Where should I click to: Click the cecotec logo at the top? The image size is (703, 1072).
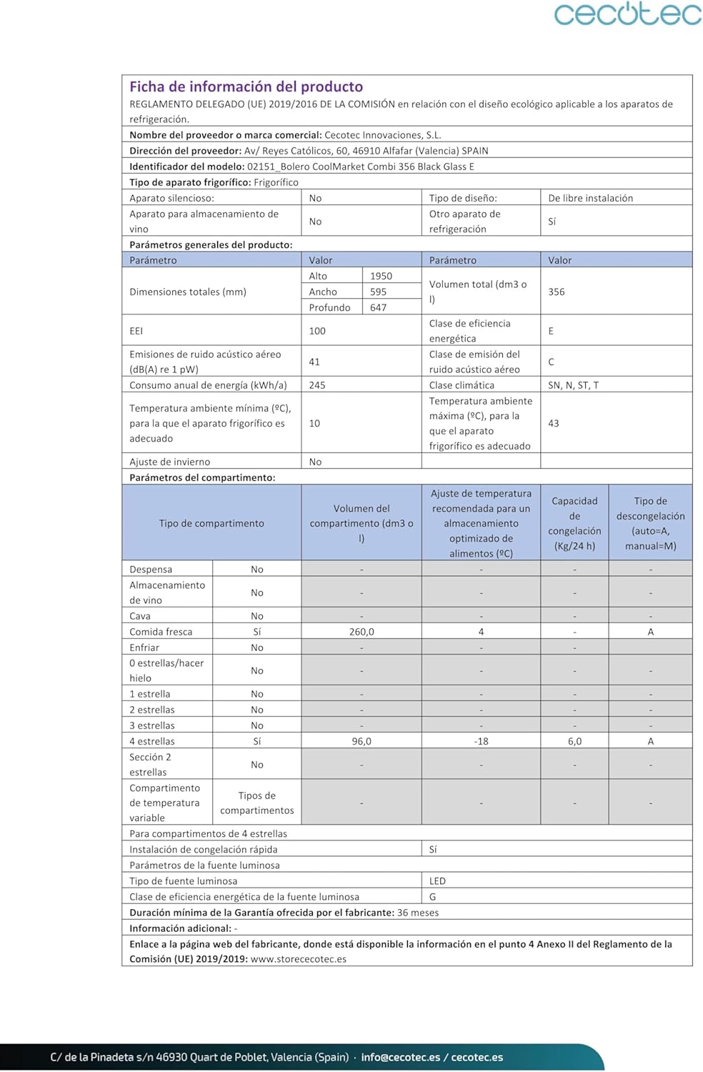pos(627,14)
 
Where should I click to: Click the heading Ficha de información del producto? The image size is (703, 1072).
pos(246,86)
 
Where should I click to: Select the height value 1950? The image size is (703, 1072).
pos(381,276)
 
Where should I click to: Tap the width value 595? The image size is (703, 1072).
pos(378,292)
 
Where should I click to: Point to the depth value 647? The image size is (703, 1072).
pos(378,307)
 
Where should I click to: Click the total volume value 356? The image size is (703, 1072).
pos(557,292)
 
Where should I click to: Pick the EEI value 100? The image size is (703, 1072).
pos(317,331)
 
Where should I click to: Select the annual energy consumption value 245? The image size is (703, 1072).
pos(317,385)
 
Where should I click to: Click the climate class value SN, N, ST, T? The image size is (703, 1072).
pos(573,385)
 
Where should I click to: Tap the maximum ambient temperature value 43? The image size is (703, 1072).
pos(554,423)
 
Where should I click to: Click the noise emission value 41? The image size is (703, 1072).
pos(314,362)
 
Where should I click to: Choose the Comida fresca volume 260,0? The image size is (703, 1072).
pos(362,632)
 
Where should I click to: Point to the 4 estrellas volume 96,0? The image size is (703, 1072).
pos(362,741)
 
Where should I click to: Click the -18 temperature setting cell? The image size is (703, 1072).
pos(481,741)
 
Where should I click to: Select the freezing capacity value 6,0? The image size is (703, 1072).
pos(574,741)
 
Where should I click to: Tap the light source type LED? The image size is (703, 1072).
pos(437,881)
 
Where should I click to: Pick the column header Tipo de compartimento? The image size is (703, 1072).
pos(211,523)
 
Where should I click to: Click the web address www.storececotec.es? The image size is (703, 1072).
pos(299,959)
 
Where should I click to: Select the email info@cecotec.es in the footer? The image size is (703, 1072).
pos(400,1057)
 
